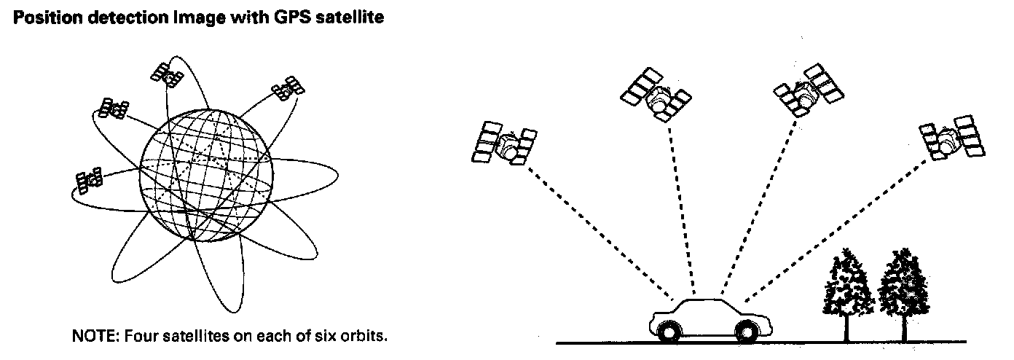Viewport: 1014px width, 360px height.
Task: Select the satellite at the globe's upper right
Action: [x=288, y=88]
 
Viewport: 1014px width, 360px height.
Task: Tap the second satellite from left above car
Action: [x=656, y=95]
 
